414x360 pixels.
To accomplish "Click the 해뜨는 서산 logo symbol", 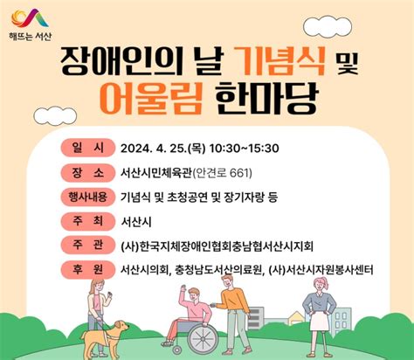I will (33, 17).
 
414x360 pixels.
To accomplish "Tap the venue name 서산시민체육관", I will (161, 172).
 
